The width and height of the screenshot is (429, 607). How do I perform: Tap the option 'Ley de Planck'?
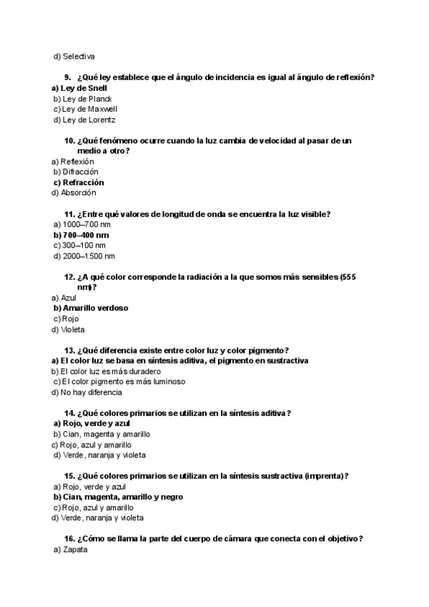tap(87, 99)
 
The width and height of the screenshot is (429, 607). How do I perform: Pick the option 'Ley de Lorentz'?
tap(89, 120)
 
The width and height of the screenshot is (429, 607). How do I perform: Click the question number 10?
tap(69, 141)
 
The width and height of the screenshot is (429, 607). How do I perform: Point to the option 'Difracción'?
tap(80, 172)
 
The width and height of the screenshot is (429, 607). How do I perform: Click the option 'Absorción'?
tap(79, 193)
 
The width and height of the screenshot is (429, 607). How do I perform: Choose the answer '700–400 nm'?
tap(86, 235)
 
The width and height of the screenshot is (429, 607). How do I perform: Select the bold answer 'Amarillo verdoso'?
tap(95, 308)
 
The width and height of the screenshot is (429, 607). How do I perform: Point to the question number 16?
tap(69, 539)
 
